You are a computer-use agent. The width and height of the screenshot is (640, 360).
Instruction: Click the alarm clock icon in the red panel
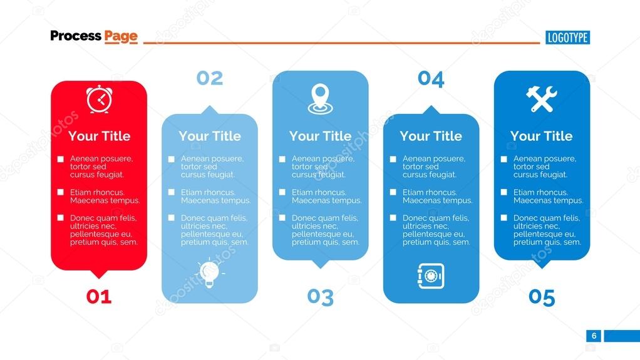[x=98, y=100]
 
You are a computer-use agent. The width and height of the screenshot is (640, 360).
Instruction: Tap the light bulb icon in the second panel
[x=209, y=272]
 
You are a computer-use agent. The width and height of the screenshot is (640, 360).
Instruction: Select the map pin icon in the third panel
[x=320, y=100]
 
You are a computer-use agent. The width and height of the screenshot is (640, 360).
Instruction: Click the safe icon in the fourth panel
[x=430, y=275]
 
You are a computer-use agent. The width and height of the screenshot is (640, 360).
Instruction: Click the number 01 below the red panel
[x=98, y=297]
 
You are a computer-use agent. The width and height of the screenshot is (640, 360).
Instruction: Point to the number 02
[x=209, y=78]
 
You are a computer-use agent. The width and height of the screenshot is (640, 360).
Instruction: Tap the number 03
[x=320, y=297]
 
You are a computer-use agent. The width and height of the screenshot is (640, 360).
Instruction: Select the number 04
[x=431, y=79]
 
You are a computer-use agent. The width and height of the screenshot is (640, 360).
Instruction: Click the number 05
[x=542, y=297]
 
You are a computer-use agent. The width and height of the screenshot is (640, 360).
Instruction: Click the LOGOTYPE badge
[x=567, y=38]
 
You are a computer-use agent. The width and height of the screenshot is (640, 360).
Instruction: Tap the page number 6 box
[x=594, y=336]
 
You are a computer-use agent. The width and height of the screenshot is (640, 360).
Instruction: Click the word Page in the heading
[x=121, y=36]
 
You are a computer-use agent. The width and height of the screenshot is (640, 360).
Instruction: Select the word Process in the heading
[x=75, y=36]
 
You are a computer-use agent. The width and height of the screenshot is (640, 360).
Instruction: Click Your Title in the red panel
[x=99, y=136]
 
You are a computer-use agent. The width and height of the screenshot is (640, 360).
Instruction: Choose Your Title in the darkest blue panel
[x=542, y=136]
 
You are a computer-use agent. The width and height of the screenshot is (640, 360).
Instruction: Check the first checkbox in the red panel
[x=61, y=160]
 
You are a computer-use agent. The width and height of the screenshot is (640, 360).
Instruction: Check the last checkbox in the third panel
[x=282, y=218]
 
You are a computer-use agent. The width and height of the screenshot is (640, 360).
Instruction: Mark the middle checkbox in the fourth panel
[x=393, y=193]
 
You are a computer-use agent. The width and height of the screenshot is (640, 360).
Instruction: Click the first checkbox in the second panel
[x=172, y=160]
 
